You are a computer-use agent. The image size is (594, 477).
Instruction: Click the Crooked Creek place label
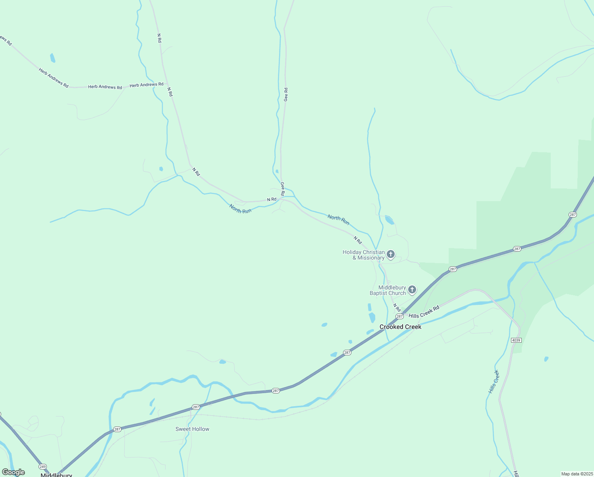coord(400,327)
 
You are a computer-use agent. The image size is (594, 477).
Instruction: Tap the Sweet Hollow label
coord(192,429)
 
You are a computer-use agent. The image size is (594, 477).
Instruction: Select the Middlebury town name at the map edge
coord(56,475)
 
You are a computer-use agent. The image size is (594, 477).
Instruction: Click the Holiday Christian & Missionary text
coord(364,255)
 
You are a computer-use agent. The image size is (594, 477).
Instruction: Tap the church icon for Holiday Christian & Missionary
coord(391,254)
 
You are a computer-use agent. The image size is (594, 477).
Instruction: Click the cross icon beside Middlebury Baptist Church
coord(412,290)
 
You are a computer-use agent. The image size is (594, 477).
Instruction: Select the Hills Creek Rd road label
coord(424,312)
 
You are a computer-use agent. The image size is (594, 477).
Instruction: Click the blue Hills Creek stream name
coord(494,382)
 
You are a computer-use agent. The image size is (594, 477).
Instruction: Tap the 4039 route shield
coord(516,340)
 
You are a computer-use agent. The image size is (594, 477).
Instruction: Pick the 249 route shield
coord(43,466)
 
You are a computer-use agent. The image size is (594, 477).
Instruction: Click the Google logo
coord(13,472)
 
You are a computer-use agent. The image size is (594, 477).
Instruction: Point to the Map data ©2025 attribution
coord(577,474)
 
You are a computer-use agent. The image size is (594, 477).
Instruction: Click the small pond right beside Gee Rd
coord(277,171)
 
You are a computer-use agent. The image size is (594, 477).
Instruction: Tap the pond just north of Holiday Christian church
coord(389,220)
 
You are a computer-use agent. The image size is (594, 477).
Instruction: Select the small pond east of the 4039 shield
coord(546,359)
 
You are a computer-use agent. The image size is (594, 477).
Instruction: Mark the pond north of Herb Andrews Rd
coord(52,58)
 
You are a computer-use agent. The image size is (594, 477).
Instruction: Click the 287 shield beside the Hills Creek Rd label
coord(399,316)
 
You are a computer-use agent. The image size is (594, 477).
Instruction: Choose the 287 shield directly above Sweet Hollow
coord(196,407)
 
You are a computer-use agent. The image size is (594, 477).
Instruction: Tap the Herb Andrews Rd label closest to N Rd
coord(146,85)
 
